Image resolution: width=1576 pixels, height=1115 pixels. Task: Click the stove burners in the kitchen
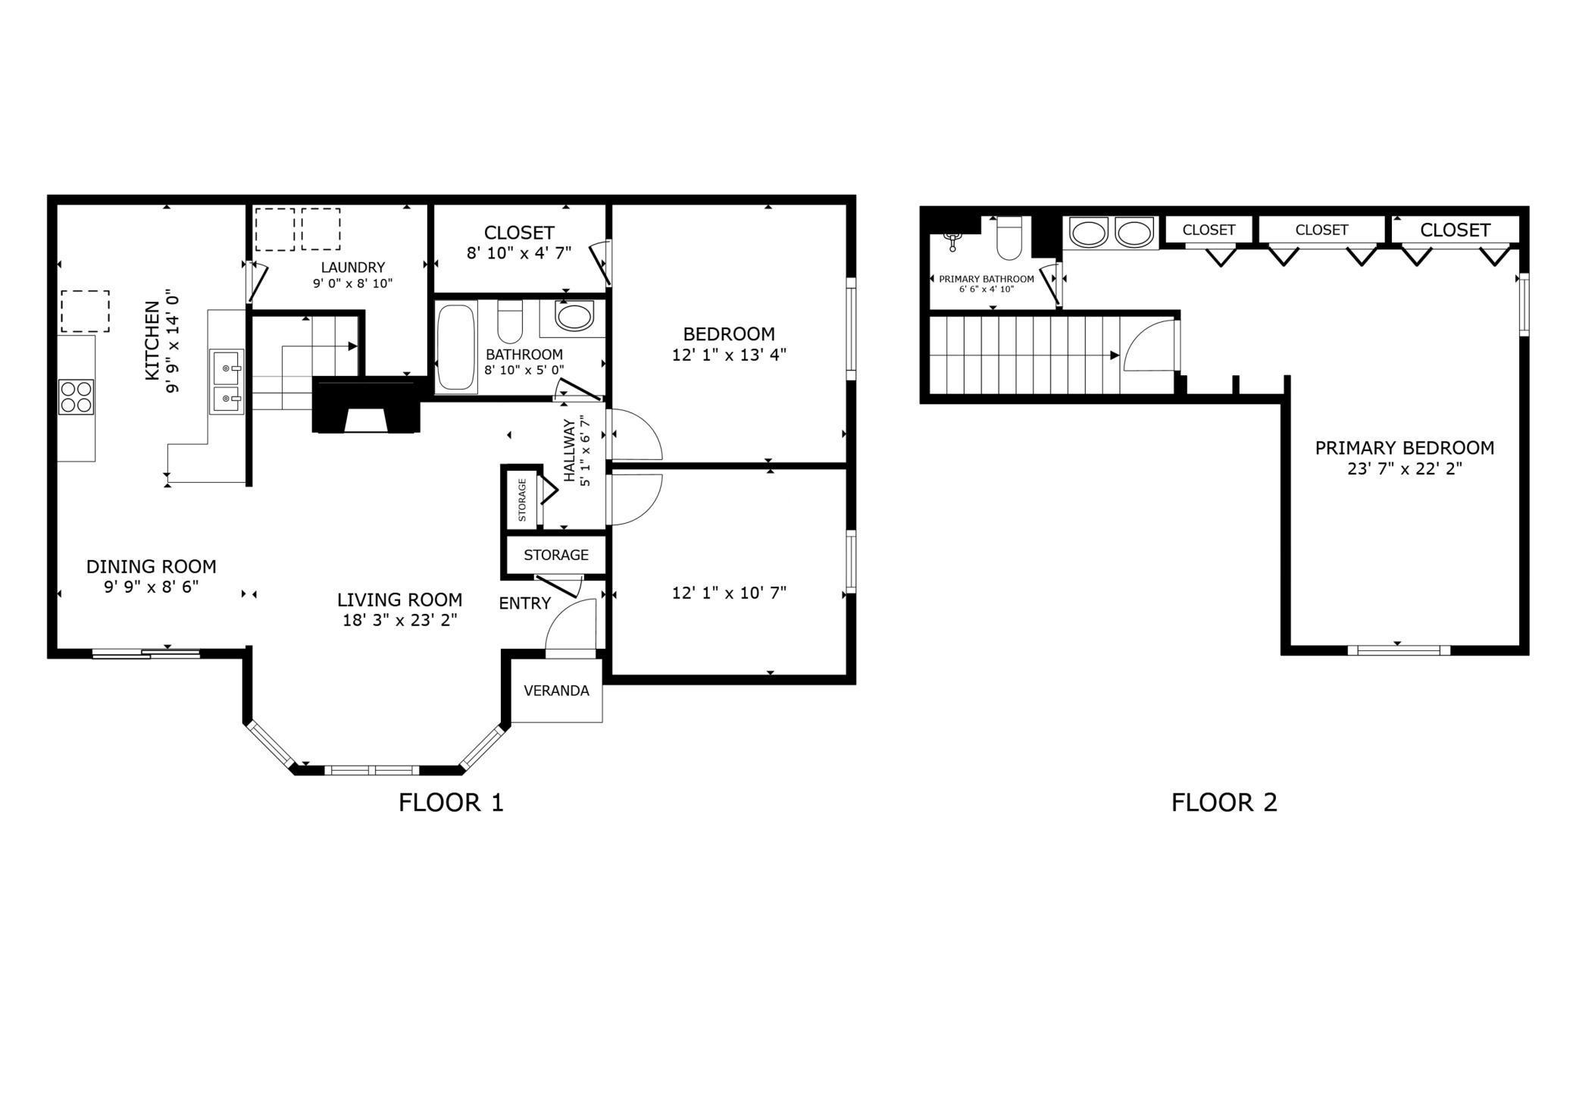pos(76,396)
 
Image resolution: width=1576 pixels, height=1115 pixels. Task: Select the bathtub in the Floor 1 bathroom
pos(456,347)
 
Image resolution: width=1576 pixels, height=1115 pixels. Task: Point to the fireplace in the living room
pos(366,406)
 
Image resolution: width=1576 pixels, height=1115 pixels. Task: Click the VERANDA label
pos(556,691)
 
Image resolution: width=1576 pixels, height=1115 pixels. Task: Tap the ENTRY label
pos(524,603)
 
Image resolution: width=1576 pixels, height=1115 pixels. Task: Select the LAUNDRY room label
pos(352,267)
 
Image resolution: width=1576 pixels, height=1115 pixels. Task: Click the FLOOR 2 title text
pos(1224,802)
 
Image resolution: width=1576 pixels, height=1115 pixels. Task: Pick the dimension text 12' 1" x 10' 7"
pos(729,593)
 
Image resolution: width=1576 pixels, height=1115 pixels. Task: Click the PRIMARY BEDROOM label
pos(1404,448)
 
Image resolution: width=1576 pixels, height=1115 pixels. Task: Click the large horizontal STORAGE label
pos(556,555)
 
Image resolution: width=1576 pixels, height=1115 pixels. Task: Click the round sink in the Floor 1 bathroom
pos(574,316)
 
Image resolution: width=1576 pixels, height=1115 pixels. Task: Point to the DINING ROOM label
pos(151,566)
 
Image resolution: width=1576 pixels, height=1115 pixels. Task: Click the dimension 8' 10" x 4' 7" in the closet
pos(518,253)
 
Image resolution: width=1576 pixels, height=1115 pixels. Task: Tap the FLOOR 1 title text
pos(451,802)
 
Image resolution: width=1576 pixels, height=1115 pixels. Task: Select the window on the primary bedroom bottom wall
pos(1399,650)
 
